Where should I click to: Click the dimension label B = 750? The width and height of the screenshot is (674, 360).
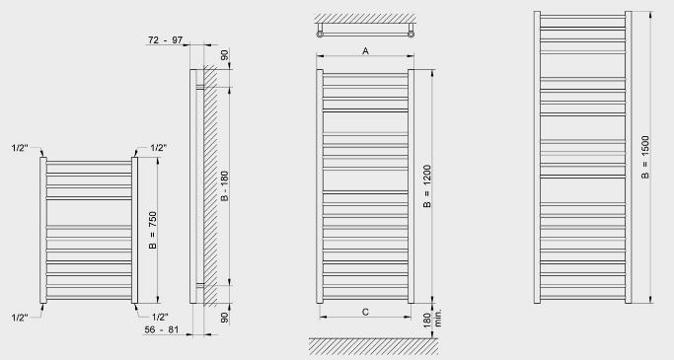pyautogui.click(x=153, y=230)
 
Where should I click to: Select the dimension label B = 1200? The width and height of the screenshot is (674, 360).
pyautogui.click(x=427, y=186)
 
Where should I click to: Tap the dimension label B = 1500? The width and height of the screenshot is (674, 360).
pyautogui.click(x=645, y=157)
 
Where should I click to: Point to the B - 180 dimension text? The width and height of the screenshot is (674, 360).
pyautogui.click(x=224, y=186)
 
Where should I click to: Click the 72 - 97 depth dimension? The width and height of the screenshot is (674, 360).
pyautogui.click(x=166, y=40)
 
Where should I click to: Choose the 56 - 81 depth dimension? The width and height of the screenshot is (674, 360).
pyautogui.click(x=161, y=329)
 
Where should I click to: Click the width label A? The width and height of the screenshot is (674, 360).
pyautogui.click(x=365, y=51)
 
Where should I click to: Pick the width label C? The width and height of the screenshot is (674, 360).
pyautogui.click(x=365, y=312)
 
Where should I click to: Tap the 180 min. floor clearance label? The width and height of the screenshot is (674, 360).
pyautogui.click(x=431, y=319)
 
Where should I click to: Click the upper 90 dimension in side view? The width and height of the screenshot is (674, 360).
pyautogui.click(x=224, y=55)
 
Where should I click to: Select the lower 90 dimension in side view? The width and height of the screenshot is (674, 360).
pyautogui.click(x=224, y=318)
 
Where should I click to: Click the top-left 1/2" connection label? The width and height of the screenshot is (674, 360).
pyautogui.click(x=20, y=148)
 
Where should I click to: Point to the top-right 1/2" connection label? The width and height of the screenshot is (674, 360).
pyautogui.click(x=159, y=148)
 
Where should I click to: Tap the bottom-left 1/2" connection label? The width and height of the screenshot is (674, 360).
pyautogui.click(x=20, y=318)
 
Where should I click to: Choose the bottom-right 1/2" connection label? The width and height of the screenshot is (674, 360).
pyautogui.click(x=160, y=317)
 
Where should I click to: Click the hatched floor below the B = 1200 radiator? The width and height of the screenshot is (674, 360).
pyautogui.click(x=374, y=346)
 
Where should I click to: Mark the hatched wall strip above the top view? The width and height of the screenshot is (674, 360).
pyautogui.click(x=365, y=18)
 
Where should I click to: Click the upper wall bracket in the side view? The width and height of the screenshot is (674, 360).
pyautogui.click(x=200, y=87)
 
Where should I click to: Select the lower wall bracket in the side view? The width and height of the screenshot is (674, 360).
pyautogui.click(x=200, y=285)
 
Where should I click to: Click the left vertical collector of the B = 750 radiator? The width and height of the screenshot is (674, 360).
pyautogui.click(x=43, y=230)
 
